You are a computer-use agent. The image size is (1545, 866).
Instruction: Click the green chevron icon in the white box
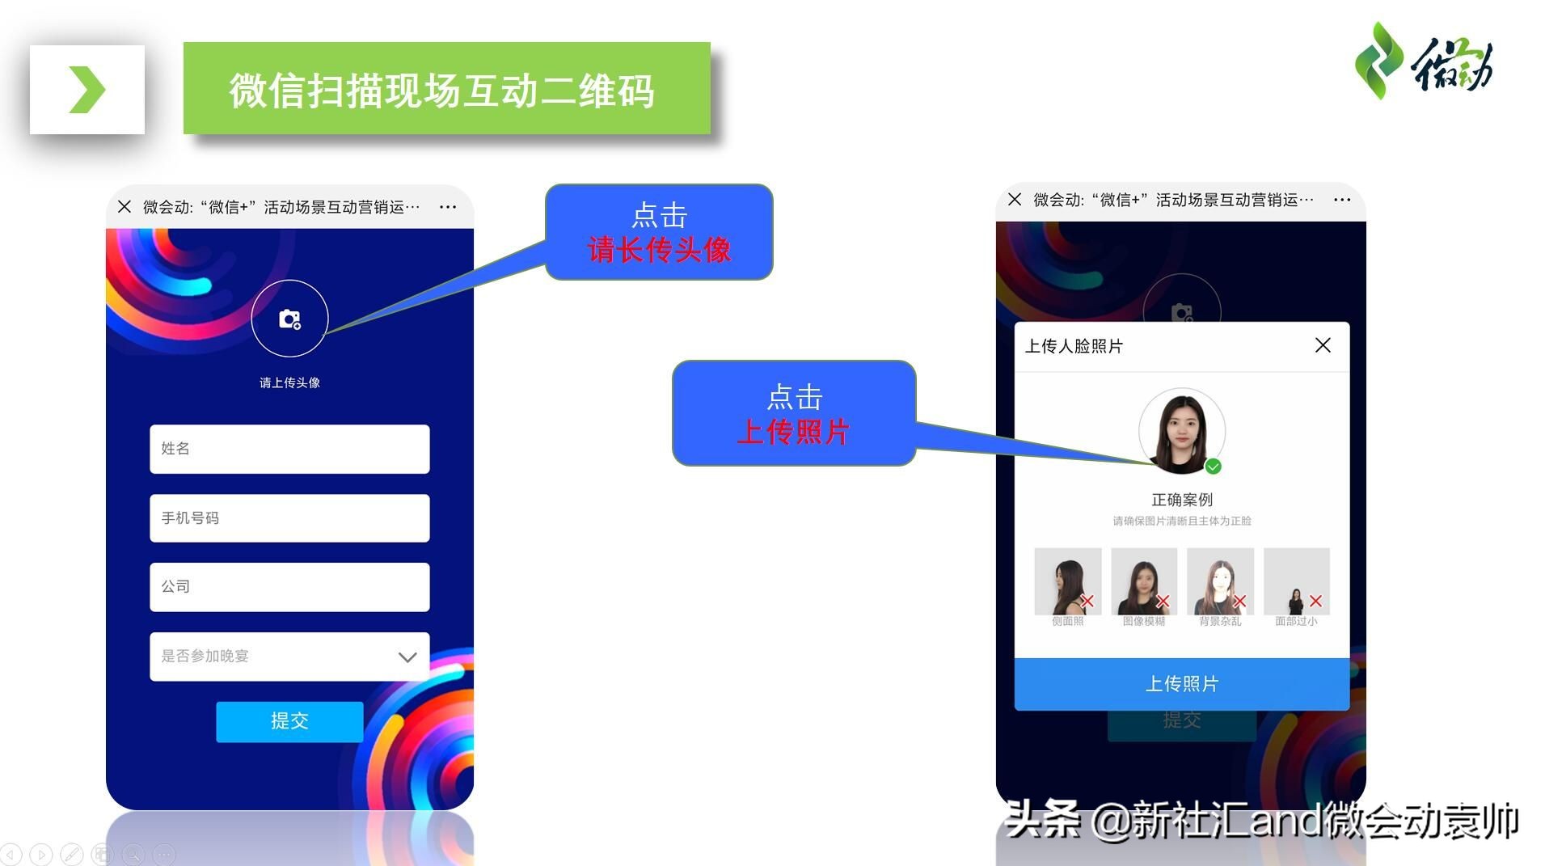pyautogui.click(x=87, y=90)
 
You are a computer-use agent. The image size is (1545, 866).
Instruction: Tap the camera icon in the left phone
pyautogui.click(x=289, y=319)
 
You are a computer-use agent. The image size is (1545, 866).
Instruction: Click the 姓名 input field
pyautogui.click(x=289, y=449)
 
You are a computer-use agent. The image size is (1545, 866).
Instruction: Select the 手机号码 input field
pyautogui.click(x=289, y=518)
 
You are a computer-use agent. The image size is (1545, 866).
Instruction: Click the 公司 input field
pyautogui.click(x=289, y=587)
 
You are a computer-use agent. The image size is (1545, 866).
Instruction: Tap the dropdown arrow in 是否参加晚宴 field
pyautogui.click(x=407, y=657)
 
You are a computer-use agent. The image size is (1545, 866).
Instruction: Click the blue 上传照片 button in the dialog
pyautogui.click(x=1181, y=684)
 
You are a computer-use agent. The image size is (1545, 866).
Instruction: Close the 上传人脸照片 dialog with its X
pyautogui.click(x=1323, y=346)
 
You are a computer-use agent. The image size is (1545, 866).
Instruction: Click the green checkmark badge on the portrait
pyautogui.click(x=1213, y=467)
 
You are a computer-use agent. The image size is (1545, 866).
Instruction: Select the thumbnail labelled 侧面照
pyautogui.click(x=1067, y=582)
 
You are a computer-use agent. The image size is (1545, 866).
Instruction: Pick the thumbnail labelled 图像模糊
pyautogui.click(x=1143, y=582)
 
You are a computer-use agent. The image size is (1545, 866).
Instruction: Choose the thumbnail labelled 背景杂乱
pyautogui.click(x=1220, y=582)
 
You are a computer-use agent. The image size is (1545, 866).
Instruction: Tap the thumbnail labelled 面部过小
pyautogui.click(x=1296, y=582)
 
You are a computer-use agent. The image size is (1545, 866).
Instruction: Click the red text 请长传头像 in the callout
pyautogui.click(x=659, y=250)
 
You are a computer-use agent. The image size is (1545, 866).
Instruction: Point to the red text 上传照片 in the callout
pyautogui.click(x=793, y=432)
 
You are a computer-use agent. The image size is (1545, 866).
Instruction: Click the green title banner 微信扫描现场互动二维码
pyautogui.click(x=446, y=89)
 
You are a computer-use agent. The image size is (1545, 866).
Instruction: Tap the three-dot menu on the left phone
pyautogui.click(x=448, y=207)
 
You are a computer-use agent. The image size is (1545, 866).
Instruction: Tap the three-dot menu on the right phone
pyautogui.click(x=1342, y=200)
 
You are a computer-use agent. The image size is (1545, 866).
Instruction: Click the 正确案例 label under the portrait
pyautogui.click(x=1181, y=500)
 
